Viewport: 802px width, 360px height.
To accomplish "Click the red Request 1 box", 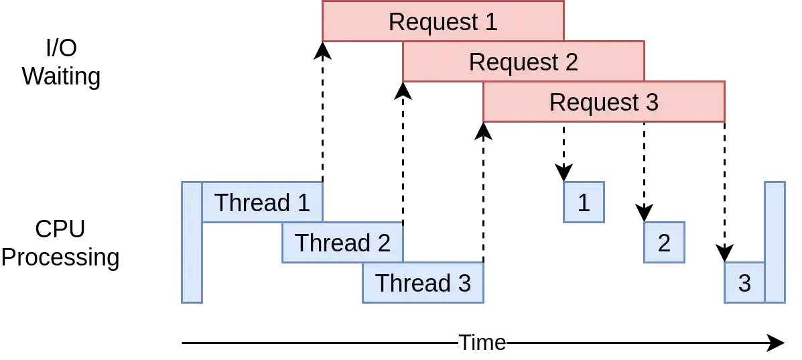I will [x=443, y=21].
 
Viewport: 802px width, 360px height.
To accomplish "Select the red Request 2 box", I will [x=523, y=62].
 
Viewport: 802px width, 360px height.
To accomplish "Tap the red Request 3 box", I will [x=604, y=102].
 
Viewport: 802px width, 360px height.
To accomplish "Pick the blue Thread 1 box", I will [x=262, y=202].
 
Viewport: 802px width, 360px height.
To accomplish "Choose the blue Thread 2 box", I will [x=342, y=243].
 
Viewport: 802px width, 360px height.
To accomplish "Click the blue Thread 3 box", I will [x=423, y=283].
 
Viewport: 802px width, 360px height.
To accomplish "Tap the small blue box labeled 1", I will [x=584, y=202].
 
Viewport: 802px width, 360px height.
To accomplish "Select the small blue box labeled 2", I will [x=664, y=243].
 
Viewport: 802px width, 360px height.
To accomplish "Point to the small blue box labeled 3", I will [x=744, y=283].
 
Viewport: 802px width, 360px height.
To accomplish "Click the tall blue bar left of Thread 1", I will [x=192, y=242].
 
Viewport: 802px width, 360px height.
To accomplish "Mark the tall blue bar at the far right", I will [x=775, y=242].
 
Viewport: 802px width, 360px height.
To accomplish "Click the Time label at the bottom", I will [x=482, y=343].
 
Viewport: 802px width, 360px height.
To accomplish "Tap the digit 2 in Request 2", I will [x=571, y=62].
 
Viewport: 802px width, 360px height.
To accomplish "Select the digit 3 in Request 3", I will [x=651, y=103].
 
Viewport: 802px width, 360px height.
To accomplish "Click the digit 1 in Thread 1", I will [x=304, y=202].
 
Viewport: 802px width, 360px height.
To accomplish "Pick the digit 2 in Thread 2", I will [x=383, y=243].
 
